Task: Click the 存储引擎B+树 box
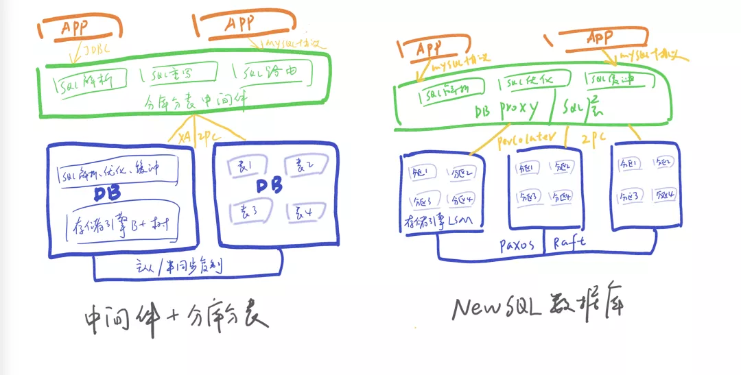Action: (x=121, y=223)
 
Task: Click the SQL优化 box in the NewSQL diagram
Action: (x=528, y=83)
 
